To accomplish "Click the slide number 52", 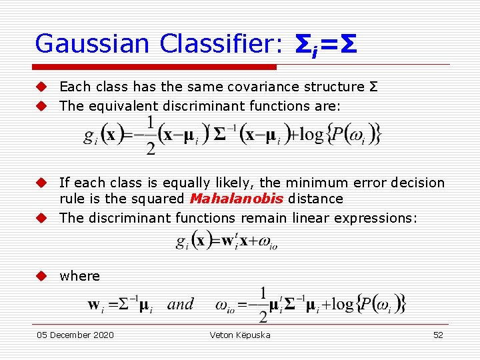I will [x=438, y=335].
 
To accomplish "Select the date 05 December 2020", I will [x=75, y=335].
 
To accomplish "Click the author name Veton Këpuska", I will [x=240, y=335].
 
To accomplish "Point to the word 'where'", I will [x=79, y=276].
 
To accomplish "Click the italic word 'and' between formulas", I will [x=180, y=305].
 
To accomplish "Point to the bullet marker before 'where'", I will [x=41, y=276].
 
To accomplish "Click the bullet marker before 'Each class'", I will [x=41, y=87].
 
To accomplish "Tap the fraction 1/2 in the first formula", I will [x=151, y=135].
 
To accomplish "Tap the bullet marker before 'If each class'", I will [x=41, y=183].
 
